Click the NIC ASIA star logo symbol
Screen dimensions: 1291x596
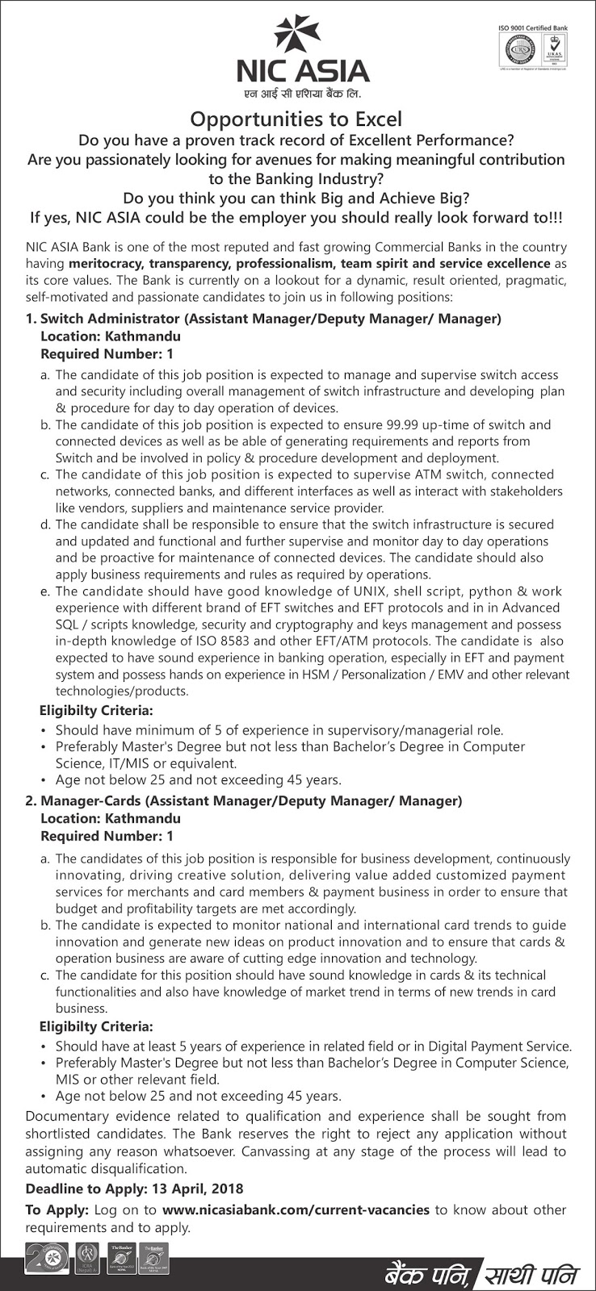pyautogui.click(x=297, y=34)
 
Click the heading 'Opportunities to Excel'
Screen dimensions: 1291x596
pyautogui.click(x=296, y=119)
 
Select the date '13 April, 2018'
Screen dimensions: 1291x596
pyautogui.click(x=199, y=1189)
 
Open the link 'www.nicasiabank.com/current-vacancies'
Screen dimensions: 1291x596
pyautogui.click(x=296, y=1210)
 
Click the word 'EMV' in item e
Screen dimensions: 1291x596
pyautogui.click(x=452, y=675)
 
